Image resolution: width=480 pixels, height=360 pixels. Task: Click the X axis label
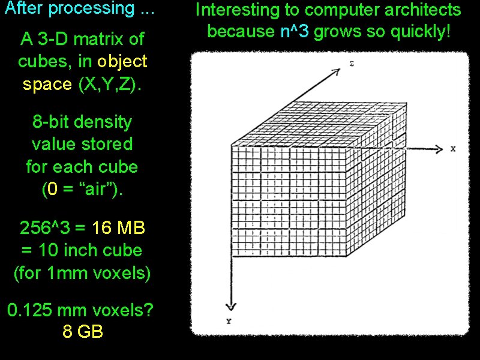coord(454,148)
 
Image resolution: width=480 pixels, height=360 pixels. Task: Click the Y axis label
coord(229,322)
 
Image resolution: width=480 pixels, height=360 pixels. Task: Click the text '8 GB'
coord(83,331)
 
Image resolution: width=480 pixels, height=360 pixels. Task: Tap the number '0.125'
coord(31,310)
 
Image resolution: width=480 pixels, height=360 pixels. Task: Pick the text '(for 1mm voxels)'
coord(82,273)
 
